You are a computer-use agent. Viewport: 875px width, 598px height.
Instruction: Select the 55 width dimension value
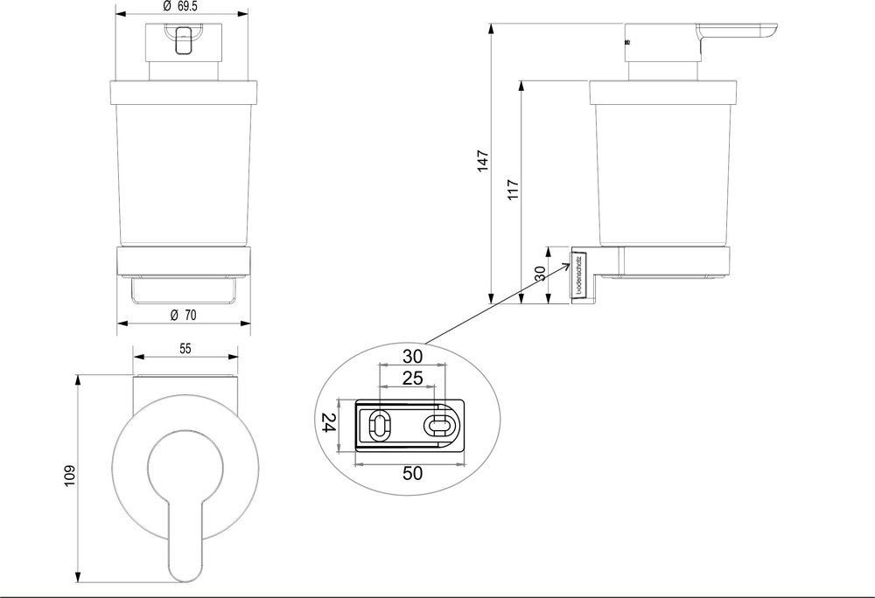[x=185, y=347]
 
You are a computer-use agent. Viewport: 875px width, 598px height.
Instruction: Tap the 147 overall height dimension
[x=482, y=162]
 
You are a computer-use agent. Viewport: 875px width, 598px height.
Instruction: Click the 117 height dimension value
[x=513, y=190]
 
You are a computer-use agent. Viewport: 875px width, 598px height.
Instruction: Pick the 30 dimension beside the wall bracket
[x=541, y=274]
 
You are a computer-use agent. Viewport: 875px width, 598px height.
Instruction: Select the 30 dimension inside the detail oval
[x=413, y=356]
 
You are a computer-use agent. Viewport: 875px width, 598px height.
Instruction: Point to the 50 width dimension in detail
[x=412, y=473]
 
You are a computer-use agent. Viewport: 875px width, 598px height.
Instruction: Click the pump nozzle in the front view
[x=184, y=40]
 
